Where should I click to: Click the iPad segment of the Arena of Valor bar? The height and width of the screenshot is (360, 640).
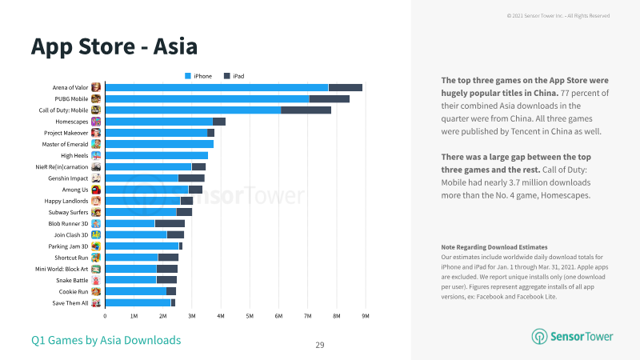coord(346,87)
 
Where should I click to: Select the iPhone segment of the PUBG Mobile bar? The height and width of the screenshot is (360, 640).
coord(207,98)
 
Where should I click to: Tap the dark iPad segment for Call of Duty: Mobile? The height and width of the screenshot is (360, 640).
coord(306,110)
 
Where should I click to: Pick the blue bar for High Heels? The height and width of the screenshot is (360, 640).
coord(157,155)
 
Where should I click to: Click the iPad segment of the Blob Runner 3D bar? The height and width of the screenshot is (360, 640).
coord(170,224)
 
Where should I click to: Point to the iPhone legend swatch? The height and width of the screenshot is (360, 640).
coord(188,76)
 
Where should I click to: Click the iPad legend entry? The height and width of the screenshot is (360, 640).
coord(234,76)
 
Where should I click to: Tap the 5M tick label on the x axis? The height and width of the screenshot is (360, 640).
coord(250,316)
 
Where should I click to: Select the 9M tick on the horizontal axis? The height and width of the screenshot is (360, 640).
coord(366,316)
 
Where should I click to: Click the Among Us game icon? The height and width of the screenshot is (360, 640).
coord(96,190)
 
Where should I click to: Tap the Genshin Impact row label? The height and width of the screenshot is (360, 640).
coord(68,178)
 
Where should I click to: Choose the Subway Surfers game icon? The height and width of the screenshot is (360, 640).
coord(96,212)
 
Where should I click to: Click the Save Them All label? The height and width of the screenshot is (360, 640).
coord(70,303)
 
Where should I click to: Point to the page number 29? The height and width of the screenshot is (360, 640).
coord(320,345)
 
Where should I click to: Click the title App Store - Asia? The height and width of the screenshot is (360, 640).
coord(114,46)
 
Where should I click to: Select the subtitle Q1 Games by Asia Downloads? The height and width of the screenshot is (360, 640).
coord(106,341)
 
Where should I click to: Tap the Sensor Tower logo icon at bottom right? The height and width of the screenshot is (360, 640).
coord(539,337)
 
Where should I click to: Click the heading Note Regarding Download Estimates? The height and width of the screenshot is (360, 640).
coord(494,247)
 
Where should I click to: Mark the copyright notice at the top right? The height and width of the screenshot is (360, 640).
coord(558,16)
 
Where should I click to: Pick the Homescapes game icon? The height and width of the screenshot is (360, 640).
coord(96,122)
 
